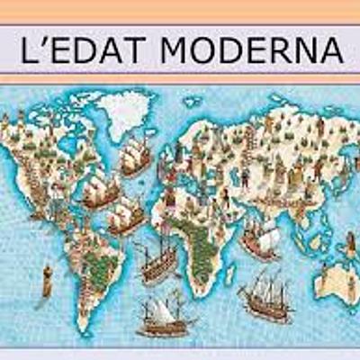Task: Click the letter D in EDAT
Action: click(x=85, y=51)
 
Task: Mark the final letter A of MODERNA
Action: click(x=330, y=51)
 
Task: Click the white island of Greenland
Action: click(x=126, y=112)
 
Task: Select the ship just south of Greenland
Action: click(x=135, y=157)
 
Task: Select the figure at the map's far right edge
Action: click(x=350, y=243)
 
